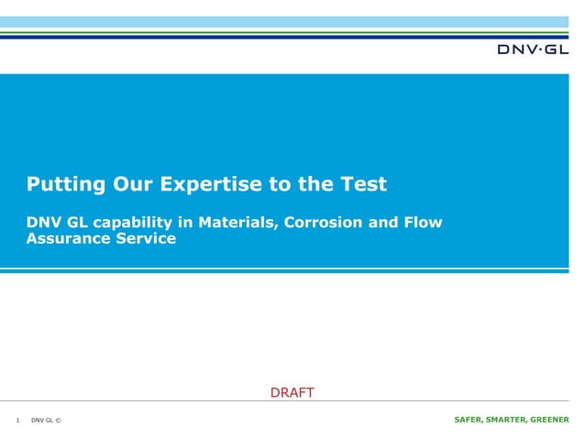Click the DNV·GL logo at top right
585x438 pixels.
click(532, 49)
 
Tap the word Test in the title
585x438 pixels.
click(364, 184)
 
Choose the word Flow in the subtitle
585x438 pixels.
click(424, 223)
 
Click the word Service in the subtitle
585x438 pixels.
click(144, 239)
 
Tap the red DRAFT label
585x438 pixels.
click(292, 393)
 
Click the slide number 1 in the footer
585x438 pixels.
click(18, 421)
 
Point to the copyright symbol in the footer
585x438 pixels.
click(58, 421)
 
